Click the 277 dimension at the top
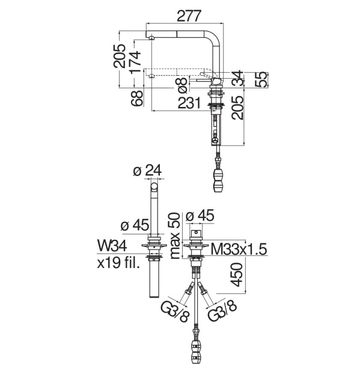pos(189,16)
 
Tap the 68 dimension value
pos(137,99)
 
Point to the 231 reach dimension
pos(189,103)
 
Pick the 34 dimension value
pos(238,78)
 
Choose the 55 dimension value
pos(260,79)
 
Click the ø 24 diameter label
pos(148,171)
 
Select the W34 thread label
pos(112,246)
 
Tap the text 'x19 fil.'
pos(118,263)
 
